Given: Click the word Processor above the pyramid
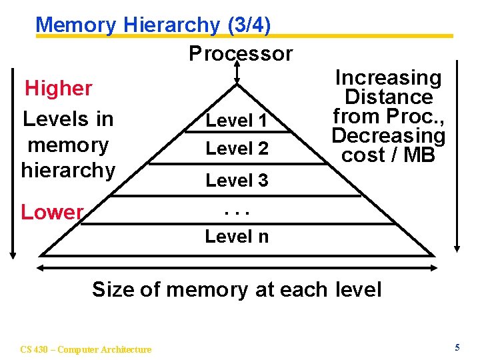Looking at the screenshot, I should [241, 53].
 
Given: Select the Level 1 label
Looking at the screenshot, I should [237, 121].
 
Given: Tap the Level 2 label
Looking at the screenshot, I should [237, 148].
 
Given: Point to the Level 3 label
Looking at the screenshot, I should [237, 180].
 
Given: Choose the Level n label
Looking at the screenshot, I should [237, 236].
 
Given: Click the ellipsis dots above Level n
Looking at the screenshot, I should [237, 213].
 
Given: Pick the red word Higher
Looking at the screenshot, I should [59, 88].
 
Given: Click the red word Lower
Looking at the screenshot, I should [52, 212].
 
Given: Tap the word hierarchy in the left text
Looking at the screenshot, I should [68, 170].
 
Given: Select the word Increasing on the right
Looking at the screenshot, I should [388, 78].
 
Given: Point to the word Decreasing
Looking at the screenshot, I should [388, 136].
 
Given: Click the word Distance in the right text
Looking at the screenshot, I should [389, 97].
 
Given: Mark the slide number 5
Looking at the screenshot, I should [457, 347].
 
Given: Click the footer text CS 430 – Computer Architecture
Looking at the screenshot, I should [86, 349].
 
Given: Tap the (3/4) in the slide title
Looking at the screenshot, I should [248, 25].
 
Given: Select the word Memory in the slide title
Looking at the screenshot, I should [76, 25].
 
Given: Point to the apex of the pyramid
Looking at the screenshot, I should [237, 84].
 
